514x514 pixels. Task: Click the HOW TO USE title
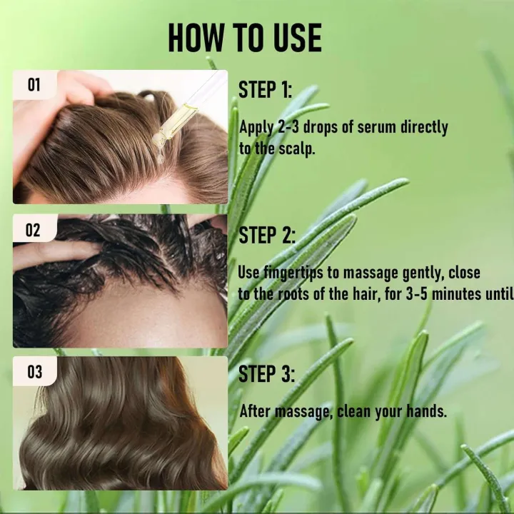coord(245,38)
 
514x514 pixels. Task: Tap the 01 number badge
coord(34,86)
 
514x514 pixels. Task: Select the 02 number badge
coord(34,231)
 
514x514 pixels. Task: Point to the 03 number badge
coord(34,372)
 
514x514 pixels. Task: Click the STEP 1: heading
coord(266,90)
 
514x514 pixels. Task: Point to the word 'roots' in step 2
coord(303,293)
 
